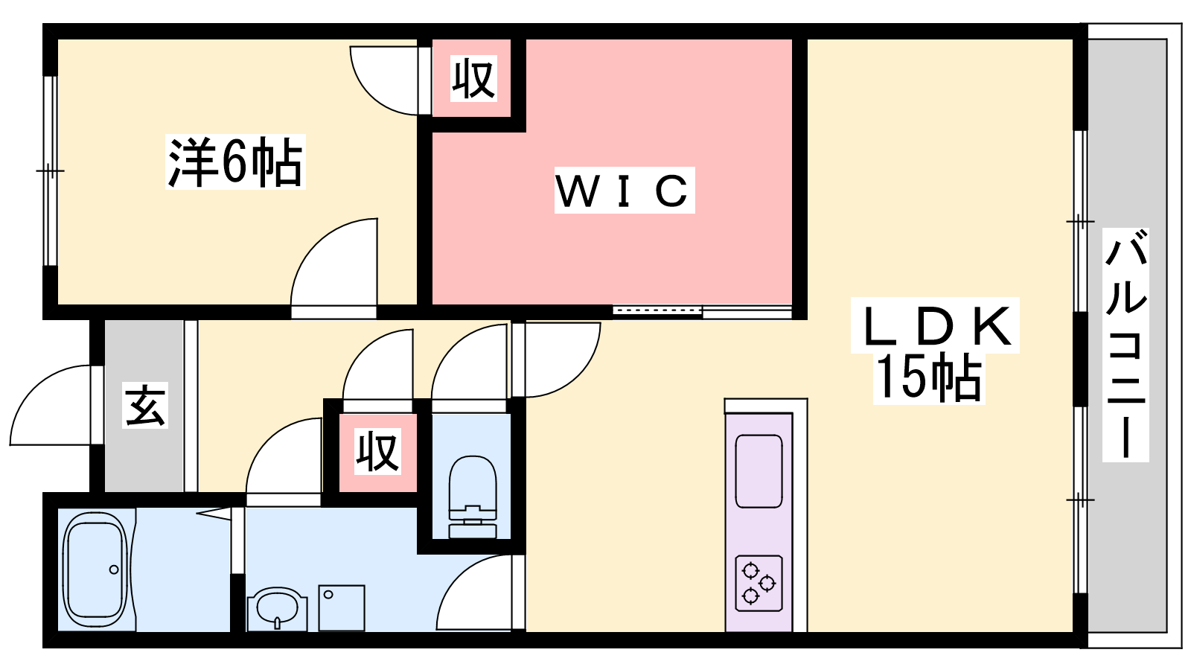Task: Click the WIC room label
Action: pyautogui.click(x=625, y=191)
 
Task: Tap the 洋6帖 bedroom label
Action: pyautogui.click(x=235, y=162)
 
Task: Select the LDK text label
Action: pyautogui.click(x=935, y=325)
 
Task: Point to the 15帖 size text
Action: pyautogui.click(x=928, y=378)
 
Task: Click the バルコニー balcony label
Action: pyautogui.click(x=1125, y=345)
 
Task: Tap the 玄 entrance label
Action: pyautogui.click(x=145, y=405)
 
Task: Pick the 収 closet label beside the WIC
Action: pyautogui.click(x=473, y=78)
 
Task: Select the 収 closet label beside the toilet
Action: pyautogui.click(x=377, y=452)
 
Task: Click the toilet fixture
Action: pyautogui.click(x=473, y=497)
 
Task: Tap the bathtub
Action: pyautogui.click(x=96, y=569)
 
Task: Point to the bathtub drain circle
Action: pyautogui.click(x=114, y=569)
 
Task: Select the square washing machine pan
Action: pyautogui.click(x=342, y=607)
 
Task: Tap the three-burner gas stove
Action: pyautogui.click(x=759, y=583)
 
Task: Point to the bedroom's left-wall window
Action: pyautogui.click(x=50, y=170)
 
